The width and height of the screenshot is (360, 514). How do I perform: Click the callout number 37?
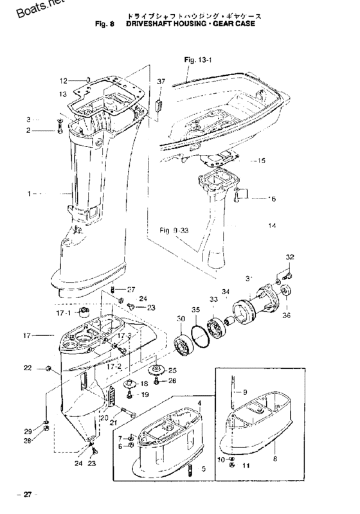160,82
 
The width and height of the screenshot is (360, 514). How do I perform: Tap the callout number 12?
64,80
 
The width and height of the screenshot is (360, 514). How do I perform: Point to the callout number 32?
290,257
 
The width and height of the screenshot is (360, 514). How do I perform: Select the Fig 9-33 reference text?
175,229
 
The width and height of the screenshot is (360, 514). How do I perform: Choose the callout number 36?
287,315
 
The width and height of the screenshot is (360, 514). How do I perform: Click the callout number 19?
145,394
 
